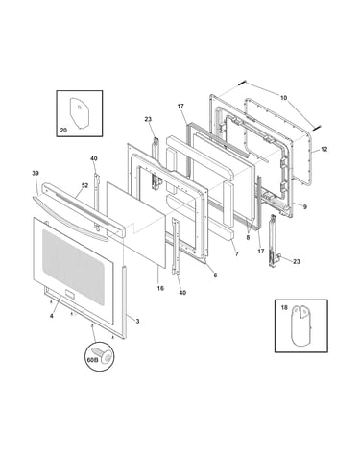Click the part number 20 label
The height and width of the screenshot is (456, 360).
click(63, 130)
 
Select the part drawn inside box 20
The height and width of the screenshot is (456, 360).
click(79, 112)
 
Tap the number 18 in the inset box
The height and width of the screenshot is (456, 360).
click(284, 307)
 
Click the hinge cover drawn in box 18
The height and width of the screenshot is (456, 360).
click(300, 325)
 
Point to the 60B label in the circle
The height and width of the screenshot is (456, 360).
click(92, 360)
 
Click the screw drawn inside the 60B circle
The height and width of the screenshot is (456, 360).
click(104, 355)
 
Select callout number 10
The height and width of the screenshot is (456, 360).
click(283, 98)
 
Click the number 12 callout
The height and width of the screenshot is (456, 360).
click(324, 149)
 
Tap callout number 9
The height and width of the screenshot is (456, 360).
click(305, 207)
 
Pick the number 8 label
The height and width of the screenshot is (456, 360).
click(248, 237)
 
